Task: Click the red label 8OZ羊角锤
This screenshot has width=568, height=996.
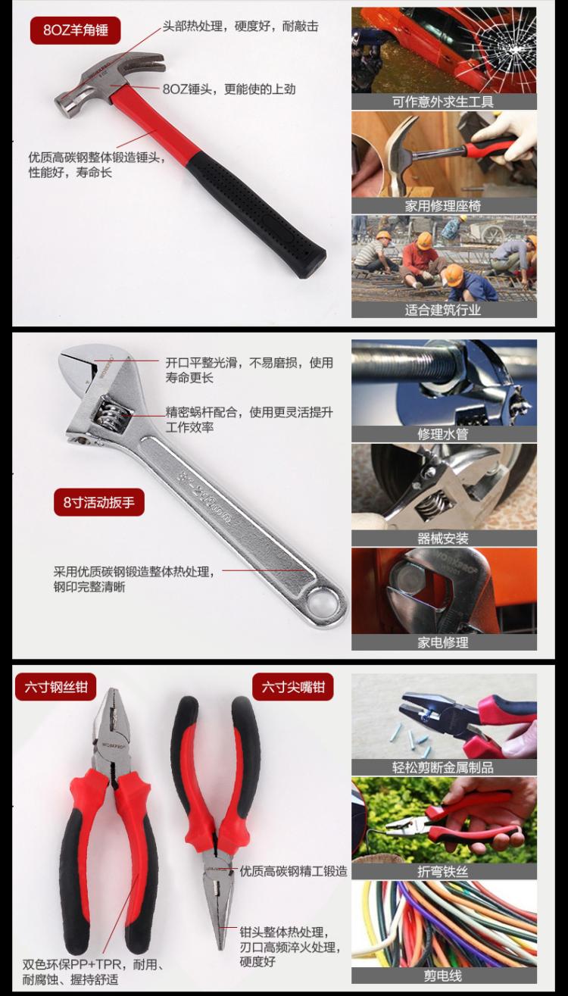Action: point(76,30)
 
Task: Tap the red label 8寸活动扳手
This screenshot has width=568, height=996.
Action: point(99,502)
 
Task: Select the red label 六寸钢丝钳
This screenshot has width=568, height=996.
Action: point(56,687)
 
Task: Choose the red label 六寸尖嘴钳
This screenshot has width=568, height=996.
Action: point(293,687)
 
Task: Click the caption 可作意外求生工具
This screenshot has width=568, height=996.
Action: point(443,101)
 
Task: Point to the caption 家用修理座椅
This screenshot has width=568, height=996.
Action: point(443,206)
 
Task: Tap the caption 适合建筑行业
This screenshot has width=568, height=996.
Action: point(443,310)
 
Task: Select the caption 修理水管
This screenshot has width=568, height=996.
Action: point(443,434)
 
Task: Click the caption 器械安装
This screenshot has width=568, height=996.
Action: point(443,539)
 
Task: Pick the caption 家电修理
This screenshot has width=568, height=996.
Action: point(443,642)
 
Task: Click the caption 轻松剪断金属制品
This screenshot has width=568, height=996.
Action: point(443,767)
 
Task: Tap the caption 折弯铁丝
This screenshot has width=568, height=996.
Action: point(443,871)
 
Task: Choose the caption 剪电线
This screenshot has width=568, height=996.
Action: point(443,976)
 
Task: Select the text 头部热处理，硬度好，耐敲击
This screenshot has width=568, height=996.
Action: point(240,27)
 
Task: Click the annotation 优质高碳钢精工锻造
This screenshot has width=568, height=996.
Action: point(293,871)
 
